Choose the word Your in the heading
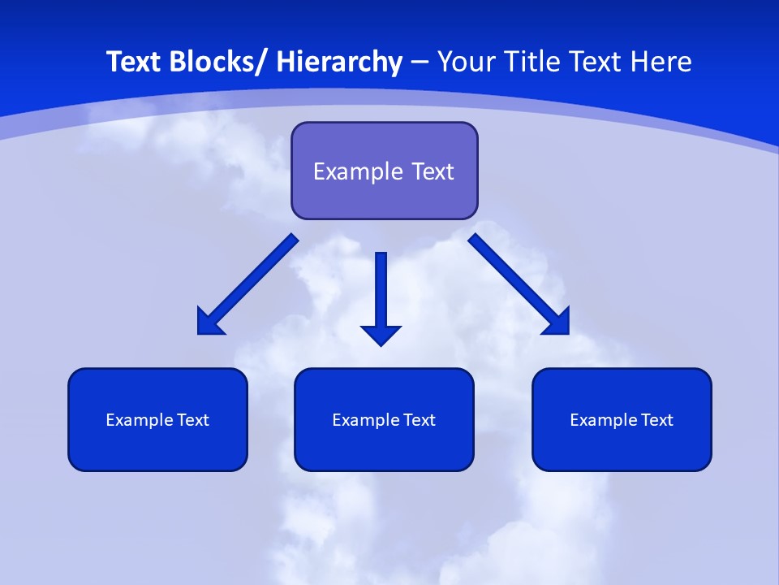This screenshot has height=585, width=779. tap(467, 62)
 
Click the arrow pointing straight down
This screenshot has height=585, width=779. tap(381, 284)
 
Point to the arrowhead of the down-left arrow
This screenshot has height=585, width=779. tap(208, 323)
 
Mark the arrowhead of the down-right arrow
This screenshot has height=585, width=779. tap(559, 323)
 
